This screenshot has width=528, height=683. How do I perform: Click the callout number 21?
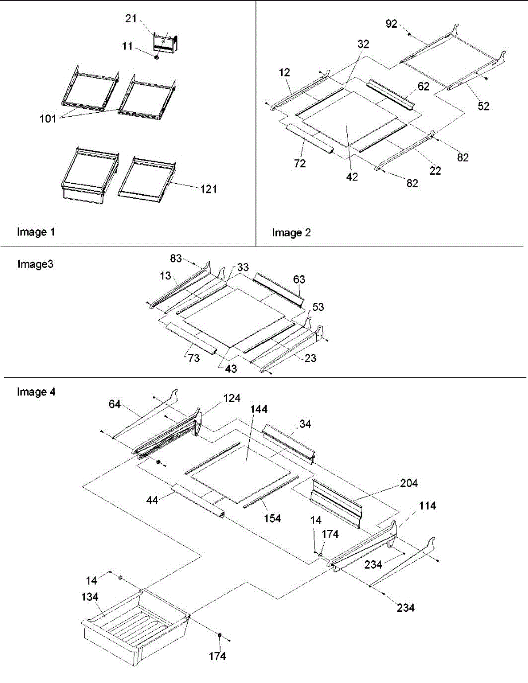[x=131, y=19]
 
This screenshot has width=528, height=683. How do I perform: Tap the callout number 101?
[x=48, y=118]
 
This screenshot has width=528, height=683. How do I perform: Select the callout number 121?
[x=209, y=189]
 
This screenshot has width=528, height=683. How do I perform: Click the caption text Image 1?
[x=36, y=232]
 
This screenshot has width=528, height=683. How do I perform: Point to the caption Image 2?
[x=291, y=233]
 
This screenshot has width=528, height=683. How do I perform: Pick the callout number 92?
[x=391, y=24]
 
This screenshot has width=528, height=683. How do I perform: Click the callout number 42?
[x=352, y=176]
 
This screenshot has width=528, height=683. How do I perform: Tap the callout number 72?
[x=300, y=163]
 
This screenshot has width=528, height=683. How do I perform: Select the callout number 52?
[x=484, y=106]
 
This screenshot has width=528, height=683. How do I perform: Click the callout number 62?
[x=423, y=86]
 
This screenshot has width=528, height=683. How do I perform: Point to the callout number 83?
[x=176, y=258]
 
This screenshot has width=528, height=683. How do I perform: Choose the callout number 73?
[x=194, y=358]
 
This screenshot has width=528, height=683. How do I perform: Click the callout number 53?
[x=318, y=307]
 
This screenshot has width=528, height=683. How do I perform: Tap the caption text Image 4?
[x=36, y=392]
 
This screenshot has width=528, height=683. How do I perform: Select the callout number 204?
[x=409, y=483]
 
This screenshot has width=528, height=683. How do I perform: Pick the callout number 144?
[x=259, y=409]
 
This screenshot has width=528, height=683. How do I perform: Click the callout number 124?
[x=232, y=398]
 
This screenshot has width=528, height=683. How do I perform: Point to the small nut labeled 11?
[x=156, y=57]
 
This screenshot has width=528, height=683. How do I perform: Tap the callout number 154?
[x=273, y=519]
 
